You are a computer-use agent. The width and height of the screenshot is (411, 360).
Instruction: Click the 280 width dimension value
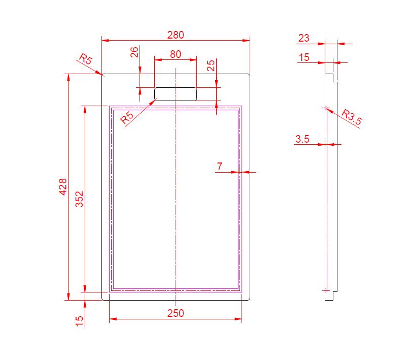pyautogui.click(x=176, y=35)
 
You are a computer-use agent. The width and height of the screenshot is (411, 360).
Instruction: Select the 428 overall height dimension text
pyautogui.click(x=63, y=187)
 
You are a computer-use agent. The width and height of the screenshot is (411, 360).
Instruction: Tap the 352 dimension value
pyautogui.click(x=79, y=199)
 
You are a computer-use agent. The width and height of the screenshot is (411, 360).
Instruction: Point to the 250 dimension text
pyautogui.click(x=176, y=313)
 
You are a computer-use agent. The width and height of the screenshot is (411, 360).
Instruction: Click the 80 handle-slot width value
pyautogui.click(x=176, y=54)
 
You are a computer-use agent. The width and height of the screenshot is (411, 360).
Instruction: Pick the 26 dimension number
pyautogui.click(x=134, y=52)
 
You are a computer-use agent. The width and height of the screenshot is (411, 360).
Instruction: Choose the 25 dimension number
pyautogui.click(x=211, y=66)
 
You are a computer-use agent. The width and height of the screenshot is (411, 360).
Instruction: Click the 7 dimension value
pyautogui.click(x=220, y=167)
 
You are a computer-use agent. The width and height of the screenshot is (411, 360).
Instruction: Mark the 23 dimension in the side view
pyautogui.click(x=304, y=38)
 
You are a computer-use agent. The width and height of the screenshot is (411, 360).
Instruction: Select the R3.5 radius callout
pyautogui.click(x=352, y=117)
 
